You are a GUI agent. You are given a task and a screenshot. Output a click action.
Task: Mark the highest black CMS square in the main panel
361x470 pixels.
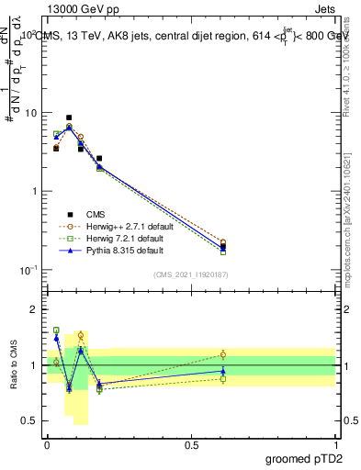[x=69, y=117]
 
